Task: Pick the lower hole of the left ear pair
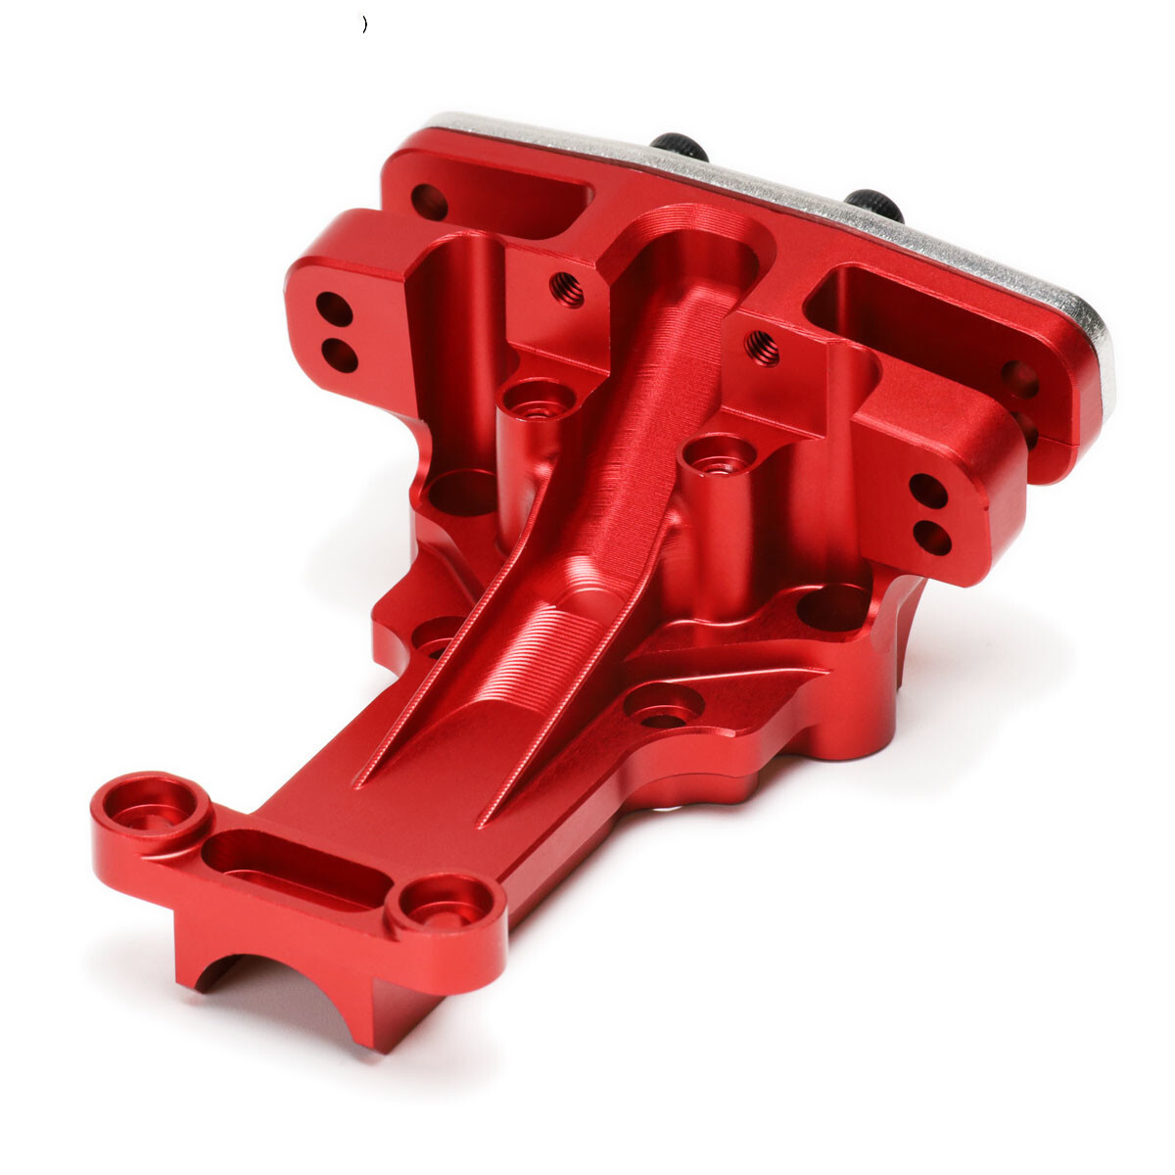(340, 353)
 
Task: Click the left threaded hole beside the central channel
(567, 289)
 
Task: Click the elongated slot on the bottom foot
(294, 867)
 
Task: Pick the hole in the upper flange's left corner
(429, 203)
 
